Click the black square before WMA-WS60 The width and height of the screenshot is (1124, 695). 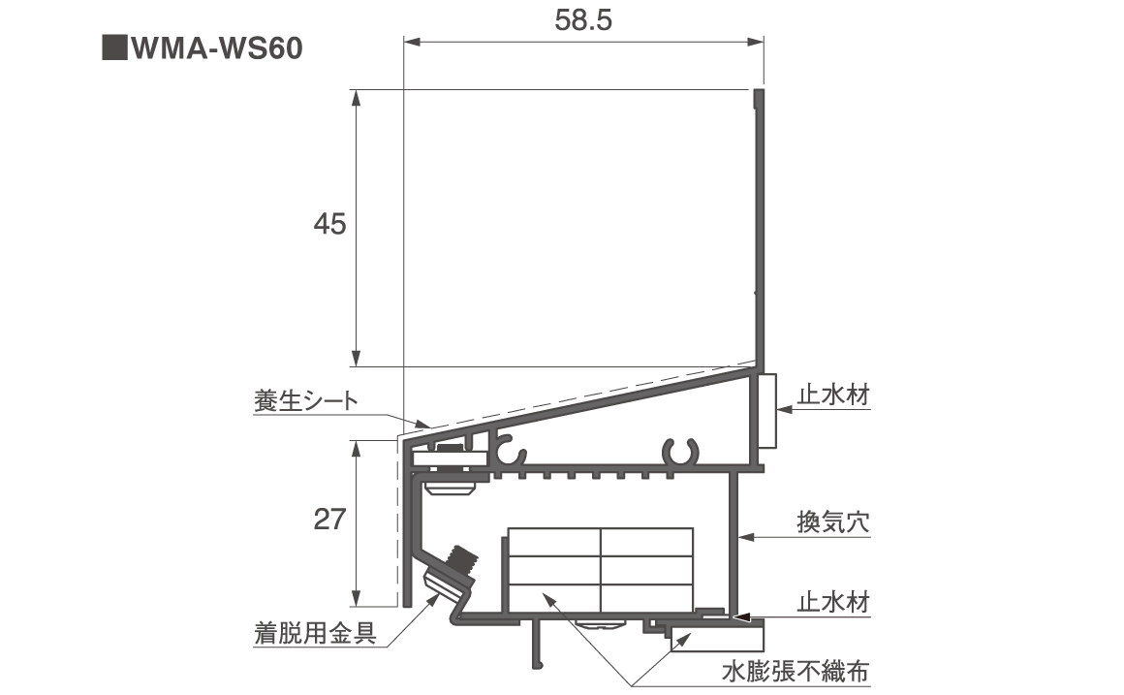tap(114, 48)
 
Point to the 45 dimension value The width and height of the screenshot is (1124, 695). tap(330, 225)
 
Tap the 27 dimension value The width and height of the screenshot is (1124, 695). tap(330, 521)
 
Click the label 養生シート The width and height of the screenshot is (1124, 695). tap(305, 399)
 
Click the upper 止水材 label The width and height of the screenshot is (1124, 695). tap(832, 395)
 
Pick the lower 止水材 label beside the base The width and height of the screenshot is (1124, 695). tap(832, 602)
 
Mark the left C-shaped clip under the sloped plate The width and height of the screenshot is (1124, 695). tap(510, 451)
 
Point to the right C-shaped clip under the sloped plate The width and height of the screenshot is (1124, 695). tap(681, 452)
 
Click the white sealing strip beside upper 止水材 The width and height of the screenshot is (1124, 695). tap(766, 411)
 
